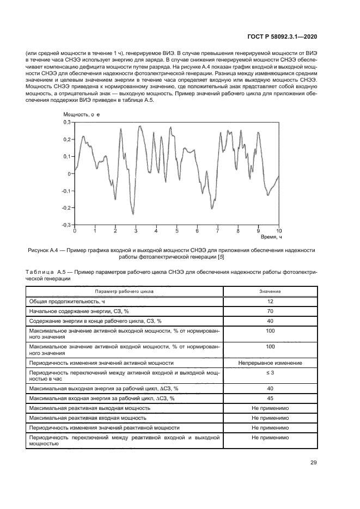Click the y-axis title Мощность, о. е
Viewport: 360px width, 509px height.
[x=81, y=114]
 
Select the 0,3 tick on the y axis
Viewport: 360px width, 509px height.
[x=66, y=122]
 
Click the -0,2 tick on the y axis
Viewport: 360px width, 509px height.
[x=65, y=207]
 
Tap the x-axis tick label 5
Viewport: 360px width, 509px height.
[x=176, y=231]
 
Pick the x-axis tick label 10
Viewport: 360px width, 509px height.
[x=279, y=231]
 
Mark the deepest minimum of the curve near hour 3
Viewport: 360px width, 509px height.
[x=132, y=214]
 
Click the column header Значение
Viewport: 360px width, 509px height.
[x=270, y=291]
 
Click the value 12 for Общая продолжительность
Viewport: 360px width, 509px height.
[x=270, y=301]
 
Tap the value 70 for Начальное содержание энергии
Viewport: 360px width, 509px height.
[x=270, y=311]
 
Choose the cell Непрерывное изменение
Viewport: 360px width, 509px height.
[x=270, y=363]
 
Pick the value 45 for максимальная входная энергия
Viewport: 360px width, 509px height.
[x=270, y=398]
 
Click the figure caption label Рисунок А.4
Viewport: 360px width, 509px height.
[x=45, y=250]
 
